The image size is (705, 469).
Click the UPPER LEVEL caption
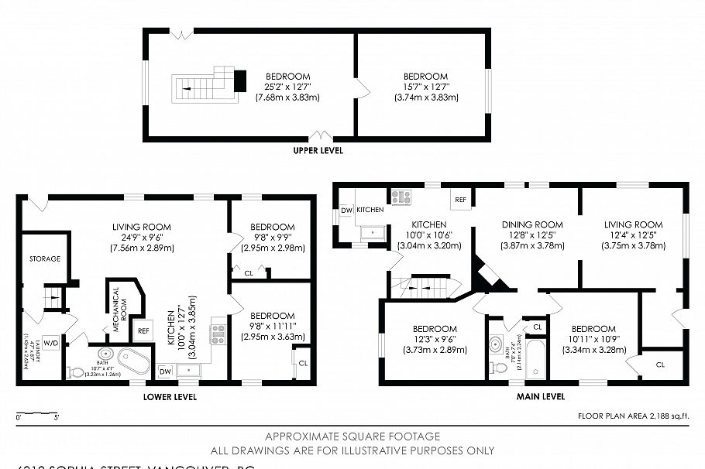[x=318, y=150]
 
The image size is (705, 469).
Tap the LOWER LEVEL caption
[x=170, y=397]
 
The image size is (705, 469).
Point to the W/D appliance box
[x=51, y=343]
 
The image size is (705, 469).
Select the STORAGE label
[x=45, y=258]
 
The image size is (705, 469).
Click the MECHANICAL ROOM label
[x=115, y=310]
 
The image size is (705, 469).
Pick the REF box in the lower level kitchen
[x=143, y=330]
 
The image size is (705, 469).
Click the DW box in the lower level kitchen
[x=163, y=371]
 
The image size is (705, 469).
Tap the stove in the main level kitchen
[x=401, y=197]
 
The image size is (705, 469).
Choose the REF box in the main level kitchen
[x=460, y=199]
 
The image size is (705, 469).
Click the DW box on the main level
[x=346, y=210]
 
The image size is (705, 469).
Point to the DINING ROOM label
[x=532, y=224]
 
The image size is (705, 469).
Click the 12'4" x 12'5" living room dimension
[x=633, y=235]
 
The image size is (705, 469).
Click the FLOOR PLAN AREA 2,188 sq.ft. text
[x=633, y=416]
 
